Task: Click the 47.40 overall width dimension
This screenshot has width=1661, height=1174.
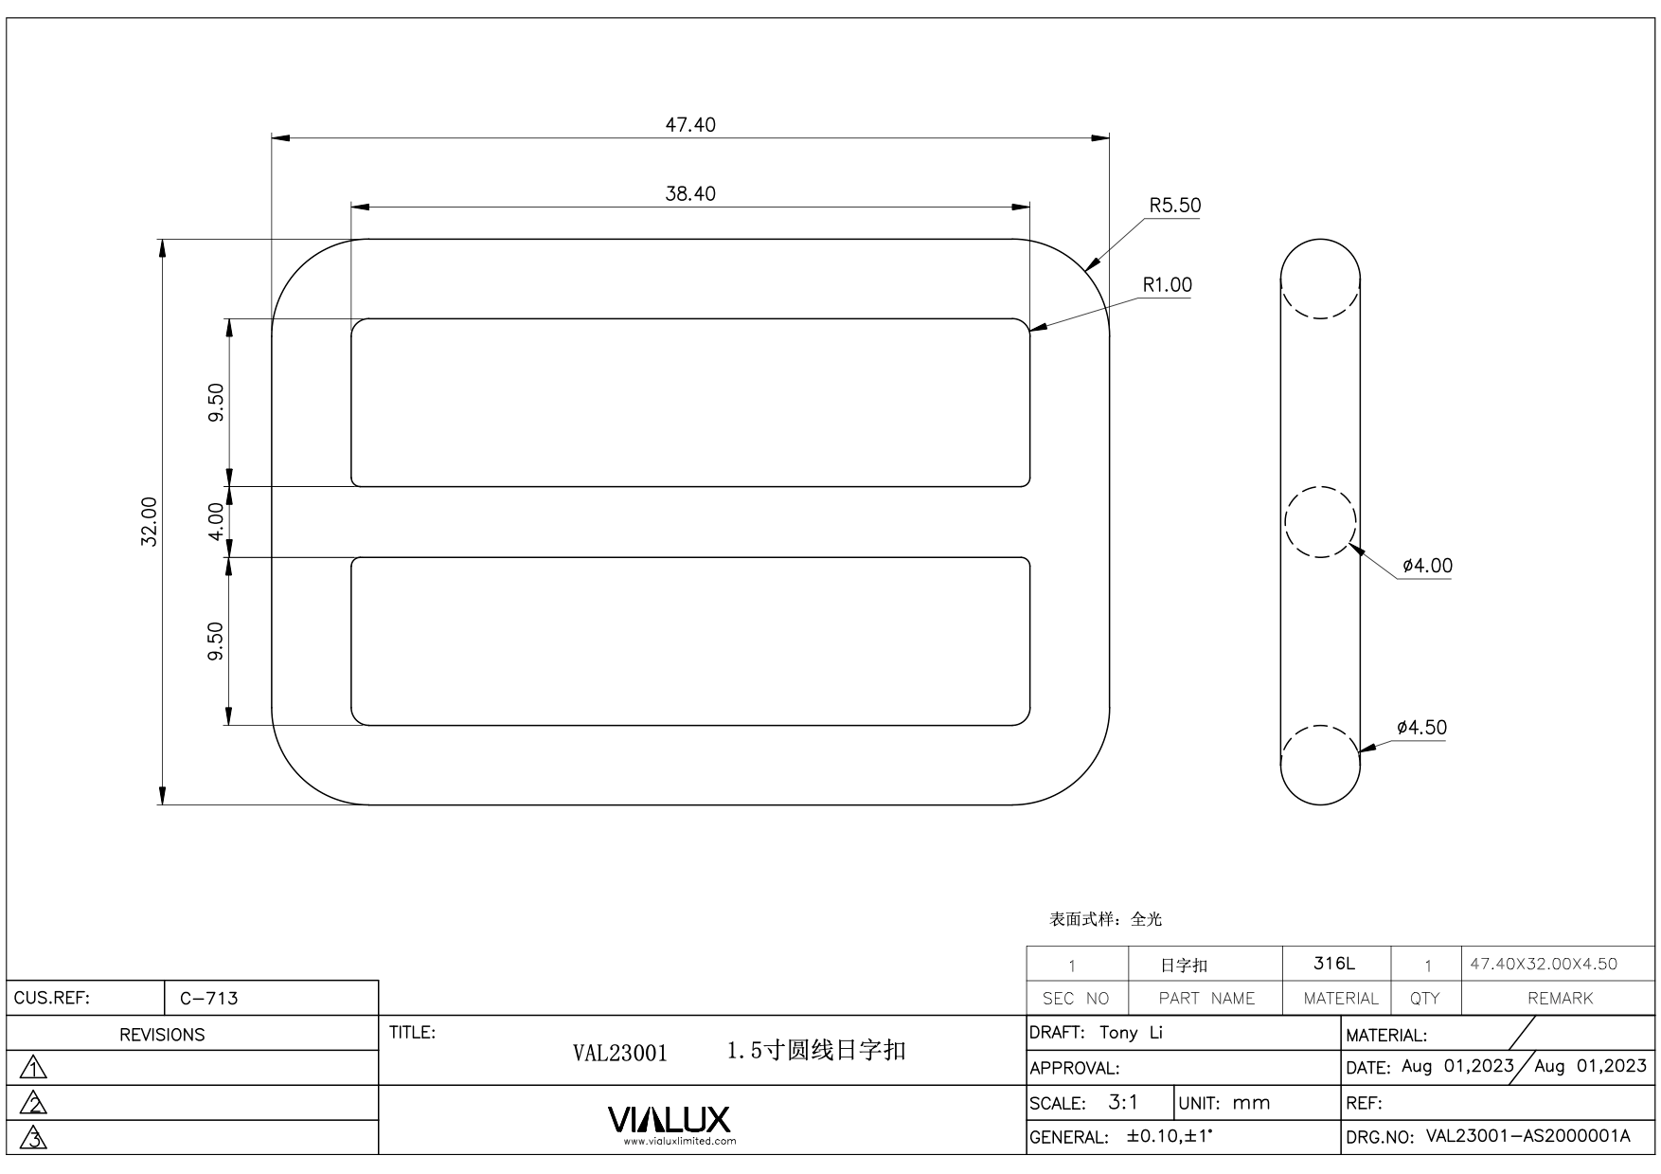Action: tap(689, 125)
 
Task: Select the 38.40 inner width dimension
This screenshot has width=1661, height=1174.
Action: tap(689, 194)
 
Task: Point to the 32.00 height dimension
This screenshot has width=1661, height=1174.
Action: tap(150, 521)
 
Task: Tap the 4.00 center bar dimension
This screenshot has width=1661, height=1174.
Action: tap(216, 521)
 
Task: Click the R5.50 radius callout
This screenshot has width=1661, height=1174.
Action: tap(1174, 206)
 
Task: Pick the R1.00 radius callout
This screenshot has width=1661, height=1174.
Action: tap(1167, 285)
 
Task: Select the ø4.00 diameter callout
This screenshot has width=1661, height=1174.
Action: tap(1426, 566)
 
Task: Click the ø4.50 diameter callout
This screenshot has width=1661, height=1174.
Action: tap(1421, 728)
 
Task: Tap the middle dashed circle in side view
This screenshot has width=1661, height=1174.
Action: tap(1320, 521)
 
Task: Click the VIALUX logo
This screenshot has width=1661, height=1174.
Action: tap(670, 1120)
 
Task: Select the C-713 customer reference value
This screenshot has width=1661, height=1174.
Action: tap(208, 998)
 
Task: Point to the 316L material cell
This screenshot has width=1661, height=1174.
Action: tap(1334, 964)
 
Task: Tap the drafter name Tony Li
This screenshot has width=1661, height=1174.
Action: tap(1131, 1033)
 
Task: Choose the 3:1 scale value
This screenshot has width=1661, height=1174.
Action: tap(1123, 1102)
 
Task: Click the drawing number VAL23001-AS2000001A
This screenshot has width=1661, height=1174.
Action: tap(1527, 1136)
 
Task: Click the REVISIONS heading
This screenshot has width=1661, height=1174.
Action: tap(162, 1035)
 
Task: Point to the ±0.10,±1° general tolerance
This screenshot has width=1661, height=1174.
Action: tap(1170, 1136)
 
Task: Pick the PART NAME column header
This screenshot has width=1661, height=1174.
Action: tap(1206, 998)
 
